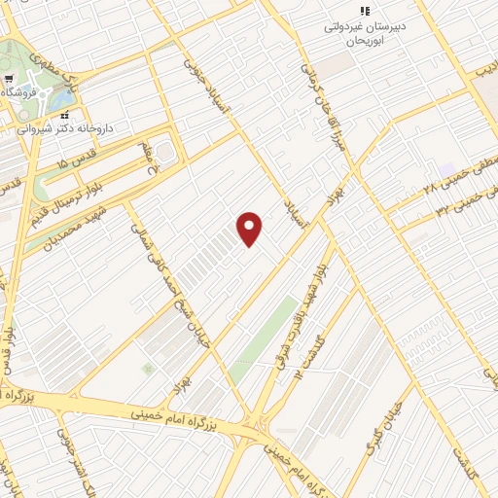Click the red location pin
250,229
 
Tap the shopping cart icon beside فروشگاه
8,79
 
